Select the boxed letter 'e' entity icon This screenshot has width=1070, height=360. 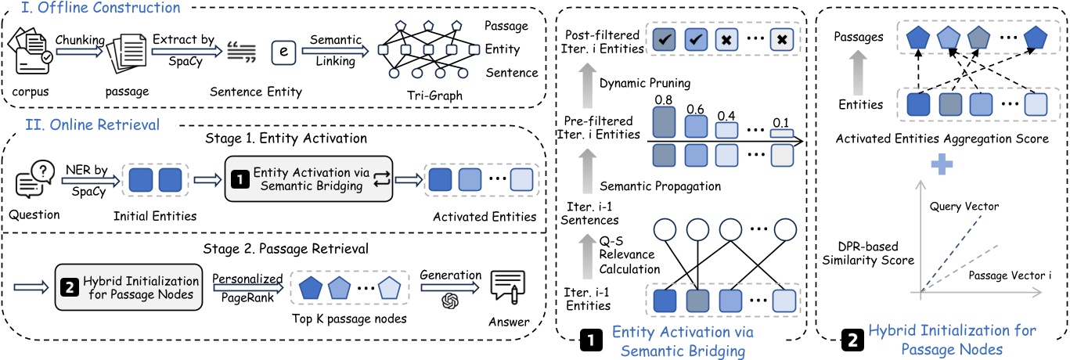coord(281,53)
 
